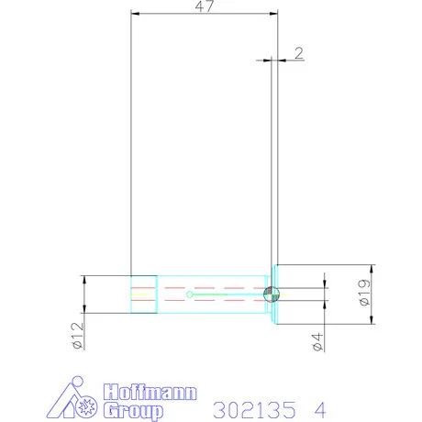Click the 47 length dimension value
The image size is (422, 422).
coord(206,6)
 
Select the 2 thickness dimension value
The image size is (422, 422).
coord(298,52)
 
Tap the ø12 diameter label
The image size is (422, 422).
coord(76,337)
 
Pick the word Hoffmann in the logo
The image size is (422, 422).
coord(147,392)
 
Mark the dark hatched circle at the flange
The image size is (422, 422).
coord(270,294)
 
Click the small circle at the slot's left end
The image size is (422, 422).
coord(188,294)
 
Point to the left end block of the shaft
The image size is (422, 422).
coord(142,294)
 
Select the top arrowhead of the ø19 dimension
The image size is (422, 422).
coord(372,268)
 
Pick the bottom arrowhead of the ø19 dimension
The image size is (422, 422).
coord(372,320)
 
